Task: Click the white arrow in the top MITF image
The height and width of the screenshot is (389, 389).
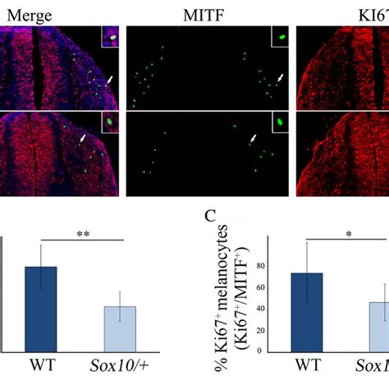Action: tap(281, 77)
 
